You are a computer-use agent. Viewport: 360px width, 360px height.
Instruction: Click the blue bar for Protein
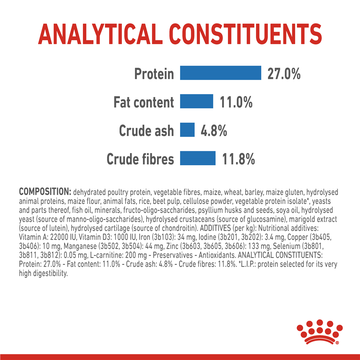tap(220, 73)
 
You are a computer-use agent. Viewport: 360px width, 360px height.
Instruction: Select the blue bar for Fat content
tap(197, 101)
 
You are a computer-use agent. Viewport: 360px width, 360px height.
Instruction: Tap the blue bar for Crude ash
tap(187, 130)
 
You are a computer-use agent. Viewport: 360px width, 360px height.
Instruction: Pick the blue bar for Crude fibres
tap(198, 158)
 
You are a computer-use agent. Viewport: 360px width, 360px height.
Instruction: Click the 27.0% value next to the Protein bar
tap(284, 74)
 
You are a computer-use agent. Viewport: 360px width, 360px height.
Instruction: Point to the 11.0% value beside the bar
tap(236, 102)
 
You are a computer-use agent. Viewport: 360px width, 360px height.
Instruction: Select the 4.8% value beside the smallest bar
tap(214, 131)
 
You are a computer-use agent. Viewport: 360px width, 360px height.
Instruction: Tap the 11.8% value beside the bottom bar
tap(238, 159)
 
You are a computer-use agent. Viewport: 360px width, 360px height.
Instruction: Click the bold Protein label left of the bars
tap(154, 74)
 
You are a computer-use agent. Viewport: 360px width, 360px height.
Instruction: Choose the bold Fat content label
tap(144, 102)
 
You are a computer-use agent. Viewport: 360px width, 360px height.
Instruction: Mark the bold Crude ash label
tap(146, 131)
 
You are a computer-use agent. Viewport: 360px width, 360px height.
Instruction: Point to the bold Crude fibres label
tap(140, 159)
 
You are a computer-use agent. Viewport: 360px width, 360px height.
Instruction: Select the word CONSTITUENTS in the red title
tap(246, 34)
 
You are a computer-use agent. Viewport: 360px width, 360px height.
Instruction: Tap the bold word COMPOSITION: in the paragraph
tap(45, 192)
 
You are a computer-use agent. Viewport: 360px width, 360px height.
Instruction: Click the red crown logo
tap(319, 332)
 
